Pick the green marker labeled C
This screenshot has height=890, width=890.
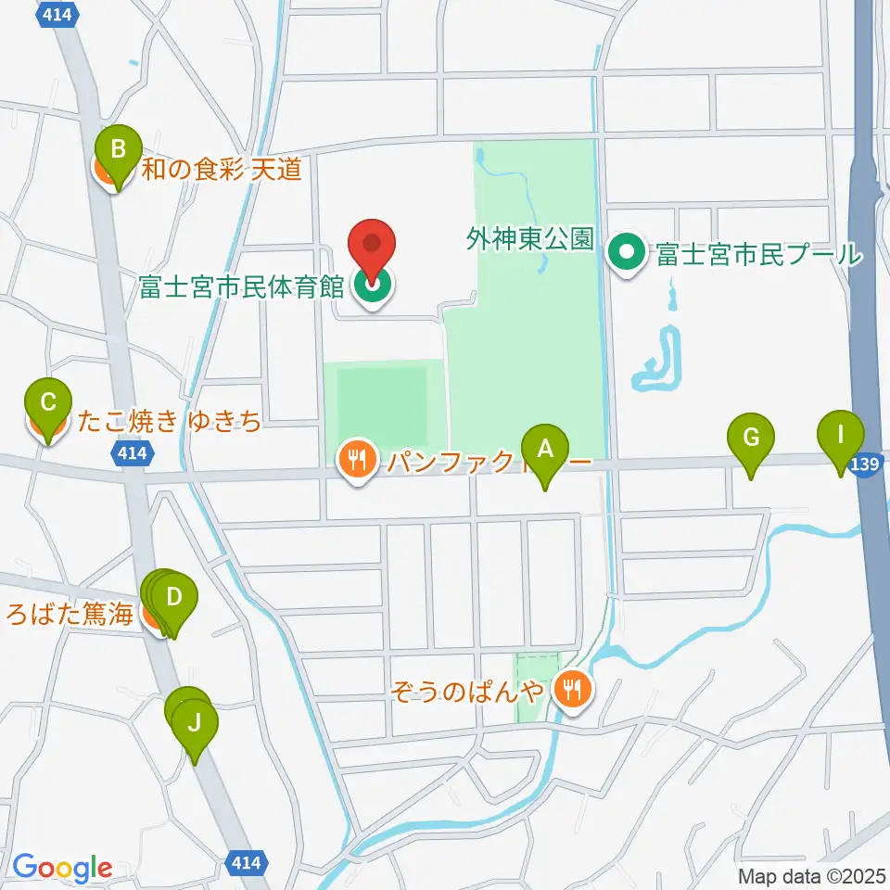(x=49, y=404)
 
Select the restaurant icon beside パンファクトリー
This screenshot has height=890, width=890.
(x=355, y=457)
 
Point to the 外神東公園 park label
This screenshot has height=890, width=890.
(x=530, y=241)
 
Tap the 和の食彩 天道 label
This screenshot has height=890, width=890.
(x=222, y=170)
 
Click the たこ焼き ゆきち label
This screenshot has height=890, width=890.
(x=170, y=424)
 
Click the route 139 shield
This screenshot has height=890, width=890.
(x=863, y=467)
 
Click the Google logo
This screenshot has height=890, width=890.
(x=62, y=868)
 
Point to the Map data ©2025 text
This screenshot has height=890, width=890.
(x=811, y=875)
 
